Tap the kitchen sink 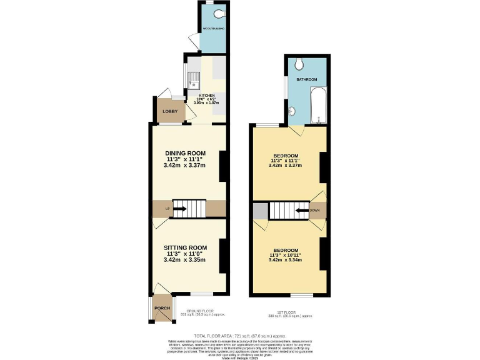coord(194,79)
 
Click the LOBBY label coord(169,112)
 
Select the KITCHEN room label coord(206,96)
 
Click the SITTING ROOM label coord(185,247)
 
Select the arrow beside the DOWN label coord(301,211)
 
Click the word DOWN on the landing coord(314,211)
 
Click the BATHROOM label coord(307,80)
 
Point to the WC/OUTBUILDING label coord(213,29)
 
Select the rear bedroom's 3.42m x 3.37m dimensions coord(285,166)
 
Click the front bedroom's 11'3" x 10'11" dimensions coord(285,255)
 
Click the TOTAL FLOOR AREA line coord(240,335)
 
